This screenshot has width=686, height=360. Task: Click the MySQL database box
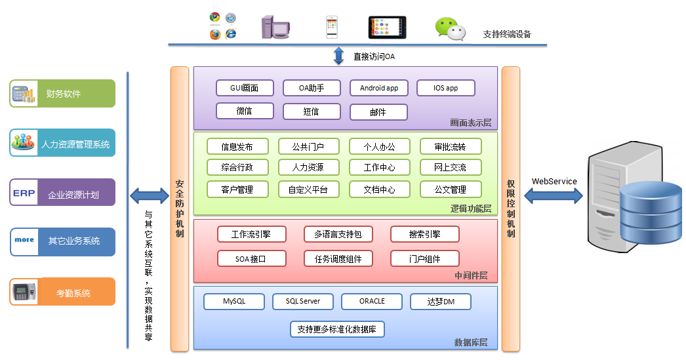pos(234,302)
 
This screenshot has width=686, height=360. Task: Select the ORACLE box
pos(372,302)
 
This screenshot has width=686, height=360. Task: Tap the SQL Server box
pos(302,302)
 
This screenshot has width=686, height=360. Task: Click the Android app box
pos(378,88)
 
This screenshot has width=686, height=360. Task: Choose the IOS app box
pos(446,88)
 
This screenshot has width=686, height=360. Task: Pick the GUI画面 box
pos(244,88)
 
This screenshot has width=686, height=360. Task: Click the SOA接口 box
pos(251,258)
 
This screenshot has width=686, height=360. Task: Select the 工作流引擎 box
pos(251,234)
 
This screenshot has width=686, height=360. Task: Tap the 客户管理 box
pos(237,190)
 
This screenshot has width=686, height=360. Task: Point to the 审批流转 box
pos(451,146)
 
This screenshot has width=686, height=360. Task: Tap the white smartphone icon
pos(332,27)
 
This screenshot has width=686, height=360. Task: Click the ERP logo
pos(24,193)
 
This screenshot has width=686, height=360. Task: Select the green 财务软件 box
pos(63,94)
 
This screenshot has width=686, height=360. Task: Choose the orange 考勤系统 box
pos(63,292)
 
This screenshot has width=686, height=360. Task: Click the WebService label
pos(554,182)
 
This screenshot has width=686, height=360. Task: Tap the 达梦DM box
pos(441,302)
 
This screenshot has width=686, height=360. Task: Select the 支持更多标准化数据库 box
pos(337,329)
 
